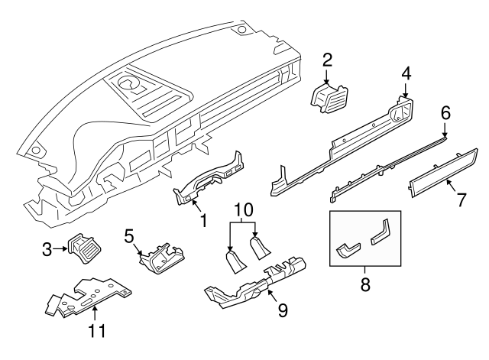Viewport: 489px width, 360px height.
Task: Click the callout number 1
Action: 202,222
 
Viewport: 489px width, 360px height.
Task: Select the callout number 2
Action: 327,59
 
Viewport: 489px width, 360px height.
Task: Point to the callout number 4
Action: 406,73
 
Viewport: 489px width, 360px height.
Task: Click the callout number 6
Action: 445,113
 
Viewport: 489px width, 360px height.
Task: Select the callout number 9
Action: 282,311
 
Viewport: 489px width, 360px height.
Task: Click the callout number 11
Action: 96,331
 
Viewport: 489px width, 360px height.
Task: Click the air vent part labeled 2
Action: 329,99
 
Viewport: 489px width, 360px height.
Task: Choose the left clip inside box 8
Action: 349,250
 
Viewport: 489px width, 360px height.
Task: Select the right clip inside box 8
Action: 382,232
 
